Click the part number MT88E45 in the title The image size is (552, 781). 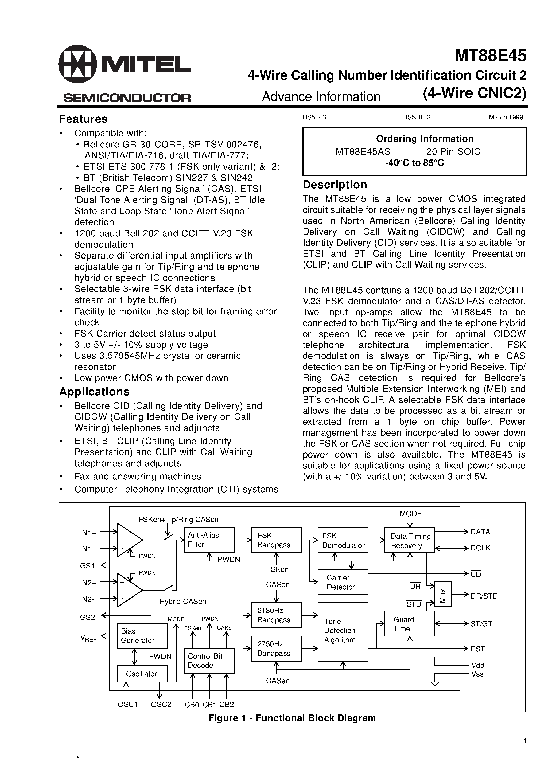(490, 56)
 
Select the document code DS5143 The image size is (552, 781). (314, 117)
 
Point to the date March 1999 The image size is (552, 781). (506, 117)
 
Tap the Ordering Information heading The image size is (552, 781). (425, 139)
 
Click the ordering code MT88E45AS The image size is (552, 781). (363, 151)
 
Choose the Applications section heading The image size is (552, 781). (94, 392)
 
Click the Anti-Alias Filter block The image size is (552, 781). (209, 540)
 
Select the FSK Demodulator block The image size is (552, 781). (343, 540)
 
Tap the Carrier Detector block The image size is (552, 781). (343, 582)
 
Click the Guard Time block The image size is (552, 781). (409, 623)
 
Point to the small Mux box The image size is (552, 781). (443, 594)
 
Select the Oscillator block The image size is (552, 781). (142, 674)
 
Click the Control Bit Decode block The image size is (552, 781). (209, 661)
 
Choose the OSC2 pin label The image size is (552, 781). (161, 704)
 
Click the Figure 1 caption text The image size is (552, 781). (292, 718)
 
